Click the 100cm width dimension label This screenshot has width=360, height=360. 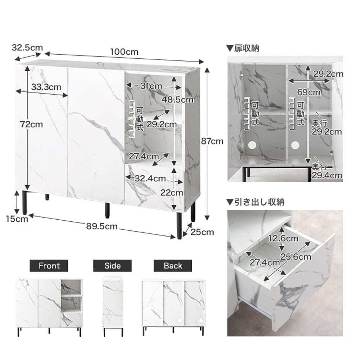[124, 51]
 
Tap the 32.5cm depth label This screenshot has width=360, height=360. [27, 48]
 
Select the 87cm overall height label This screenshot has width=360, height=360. [212, 141]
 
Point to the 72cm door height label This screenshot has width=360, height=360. [31, 125]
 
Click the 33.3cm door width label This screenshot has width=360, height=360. [46, 87]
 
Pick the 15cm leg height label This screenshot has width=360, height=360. [17, 219]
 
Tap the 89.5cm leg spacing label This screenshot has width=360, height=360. [102, 226]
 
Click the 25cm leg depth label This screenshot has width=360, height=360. [202, 232]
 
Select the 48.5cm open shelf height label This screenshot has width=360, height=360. [177, 100]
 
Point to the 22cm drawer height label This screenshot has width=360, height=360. [171, 193]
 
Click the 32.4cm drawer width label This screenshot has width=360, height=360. [150, 179]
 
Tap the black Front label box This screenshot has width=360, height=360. [49, 266]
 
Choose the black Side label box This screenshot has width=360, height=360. [112, 266]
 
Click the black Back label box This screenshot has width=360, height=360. [173, 266]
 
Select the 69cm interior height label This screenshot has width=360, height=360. [309, 92]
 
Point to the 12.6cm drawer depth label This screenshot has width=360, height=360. [283, 238]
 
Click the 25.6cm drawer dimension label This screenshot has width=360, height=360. [296, 256]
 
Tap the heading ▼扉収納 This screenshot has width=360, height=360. [243, 48]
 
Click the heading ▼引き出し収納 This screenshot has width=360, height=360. [255, 202]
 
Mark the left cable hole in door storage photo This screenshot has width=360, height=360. [252, 145]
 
